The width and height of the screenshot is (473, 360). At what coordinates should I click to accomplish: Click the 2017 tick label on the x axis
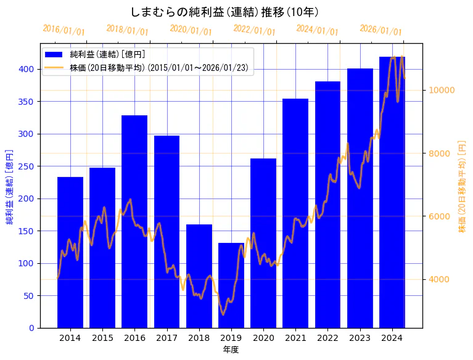[x=167, y=338]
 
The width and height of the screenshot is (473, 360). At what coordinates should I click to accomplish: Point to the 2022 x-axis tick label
[x=327, y=338]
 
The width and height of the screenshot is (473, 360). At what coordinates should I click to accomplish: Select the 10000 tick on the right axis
[x=442, y=90]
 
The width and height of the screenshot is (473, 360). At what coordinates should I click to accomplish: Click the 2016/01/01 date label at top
[x=64, y=30]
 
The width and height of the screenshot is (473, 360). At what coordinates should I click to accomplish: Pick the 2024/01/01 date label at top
[x=317, y=30]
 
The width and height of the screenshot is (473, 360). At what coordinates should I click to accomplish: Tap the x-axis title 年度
[x=231, y=350]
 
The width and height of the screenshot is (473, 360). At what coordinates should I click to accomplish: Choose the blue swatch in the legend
[x=54, y=55]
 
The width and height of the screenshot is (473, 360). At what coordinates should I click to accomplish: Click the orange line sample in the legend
[x=54, y=68]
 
